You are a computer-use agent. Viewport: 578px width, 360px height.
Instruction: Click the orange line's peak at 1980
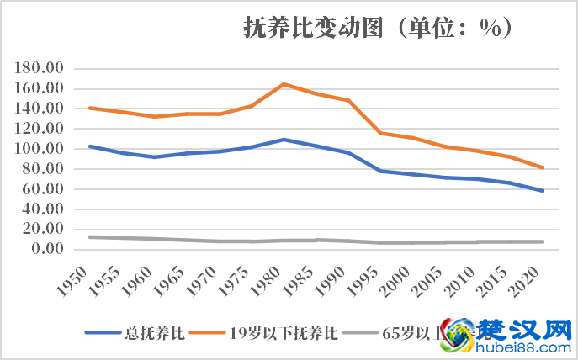pos(284,84)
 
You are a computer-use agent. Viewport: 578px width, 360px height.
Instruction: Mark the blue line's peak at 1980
pos(284,140)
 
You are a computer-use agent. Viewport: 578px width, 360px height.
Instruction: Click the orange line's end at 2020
pos(543,167)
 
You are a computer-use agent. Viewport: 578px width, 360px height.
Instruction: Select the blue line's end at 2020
pos(543,191)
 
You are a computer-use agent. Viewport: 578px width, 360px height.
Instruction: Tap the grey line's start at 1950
pos(89,237)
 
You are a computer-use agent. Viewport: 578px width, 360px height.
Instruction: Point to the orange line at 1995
pos(381,133)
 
